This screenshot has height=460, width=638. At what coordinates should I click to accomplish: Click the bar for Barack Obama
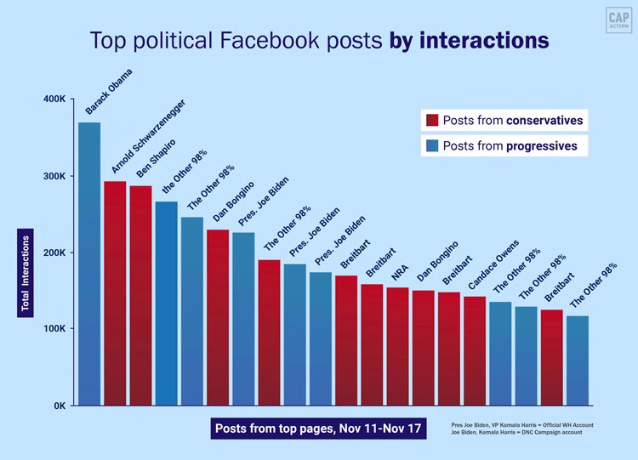pyautogui.click(x=89, y=264)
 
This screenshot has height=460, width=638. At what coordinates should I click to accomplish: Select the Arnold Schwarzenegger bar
pyautogui.click(x=115, y=293)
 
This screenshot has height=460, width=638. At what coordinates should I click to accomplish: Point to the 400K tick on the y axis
pyautogui.click(x=54, y=99)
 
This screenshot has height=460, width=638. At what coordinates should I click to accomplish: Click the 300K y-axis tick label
pyautogui.click(x=54, y=176)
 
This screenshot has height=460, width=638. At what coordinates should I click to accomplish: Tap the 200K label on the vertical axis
pyautogui.click(x=54, y=253)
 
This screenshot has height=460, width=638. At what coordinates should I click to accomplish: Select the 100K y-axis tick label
pyautogui.click(x=54, y=329)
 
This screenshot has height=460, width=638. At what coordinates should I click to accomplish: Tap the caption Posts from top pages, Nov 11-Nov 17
pyautogui.click(x=318, y=428)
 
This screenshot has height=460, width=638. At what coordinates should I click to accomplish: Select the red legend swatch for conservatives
pyautogui.click(x=432, y=120)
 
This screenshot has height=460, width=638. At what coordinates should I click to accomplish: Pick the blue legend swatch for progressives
pyautogui.click(x=432, y=145)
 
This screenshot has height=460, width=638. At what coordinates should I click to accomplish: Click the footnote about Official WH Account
pyautogui.click(x=521, y=424)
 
